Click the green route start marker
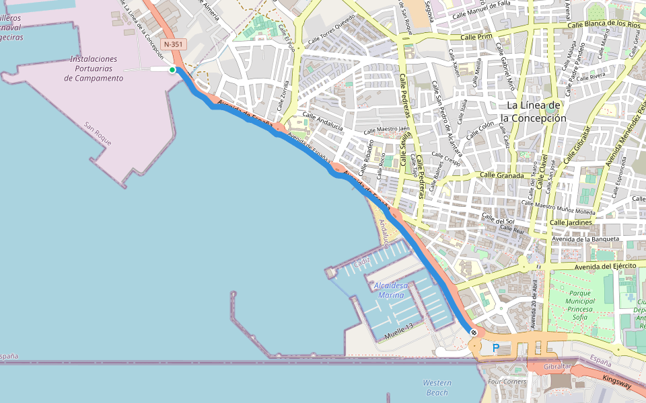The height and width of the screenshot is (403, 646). point(172,70)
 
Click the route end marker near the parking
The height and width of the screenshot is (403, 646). point(474,332)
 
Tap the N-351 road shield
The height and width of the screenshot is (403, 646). point(172,44)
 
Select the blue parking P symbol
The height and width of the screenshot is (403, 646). point(496,348)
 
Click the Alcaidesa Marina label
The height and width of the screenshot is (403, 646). point(391,290)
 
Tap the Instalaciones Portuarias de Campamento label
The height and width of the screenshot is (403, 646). point(94,69)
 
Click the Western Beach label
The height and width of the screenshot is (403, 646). point(437,388)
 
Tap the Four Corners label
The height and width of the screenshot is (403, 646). point(507,382)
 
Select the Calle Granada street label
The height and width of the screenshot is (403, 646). point(501,175)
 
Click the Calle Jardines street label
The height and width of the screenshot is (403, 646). point(571,222)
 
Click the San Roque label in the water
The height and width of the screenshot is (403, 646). point(98,134)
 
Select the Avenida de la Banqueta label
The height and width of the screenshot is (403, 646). point(585,238)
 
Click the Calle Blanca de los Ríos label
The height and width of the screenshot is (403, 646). point(604,24)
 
